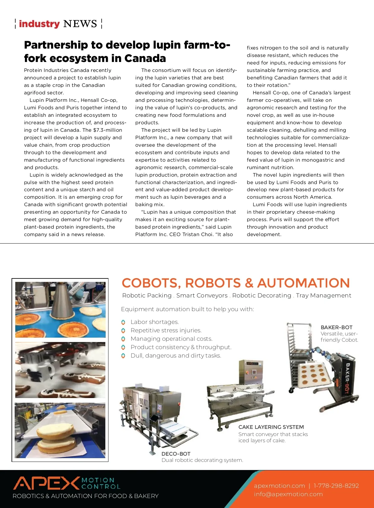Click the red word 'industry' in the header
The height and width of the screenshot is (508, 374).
[39, 24]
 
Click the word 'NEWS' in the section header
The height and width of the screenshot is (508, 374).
[80, 24]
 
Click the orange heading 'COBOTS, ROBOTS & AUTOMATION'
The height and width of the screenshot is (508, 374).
[236, 283]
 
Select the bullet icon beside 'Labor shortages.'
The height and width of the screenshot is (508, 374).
[123, 322]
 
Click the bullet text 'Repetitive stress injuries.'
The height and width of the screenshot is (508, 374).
[166, 330]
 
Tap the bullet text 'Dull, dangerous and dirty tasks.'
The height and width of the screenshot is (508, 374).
[176, 356]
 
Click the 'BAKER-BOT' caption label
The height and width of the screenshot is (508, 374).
[336, 327]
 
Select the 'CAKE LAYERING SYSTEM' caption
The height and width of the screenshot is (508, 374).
[271, 427]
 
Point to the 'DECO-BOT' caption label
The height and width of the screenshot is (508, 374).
[176, 454]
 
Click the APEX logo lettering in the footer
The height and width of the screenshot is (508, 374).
[46, 483]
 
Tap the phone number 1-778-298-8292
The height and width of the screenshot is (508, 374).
[336, 486]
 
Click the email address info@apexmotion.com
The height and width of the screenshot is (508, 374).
[288, 494]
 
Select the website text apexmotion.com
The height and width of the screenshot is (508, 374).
[279, 486]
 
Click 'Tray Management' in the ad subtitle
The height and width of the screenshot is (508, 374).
[324, 296]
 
